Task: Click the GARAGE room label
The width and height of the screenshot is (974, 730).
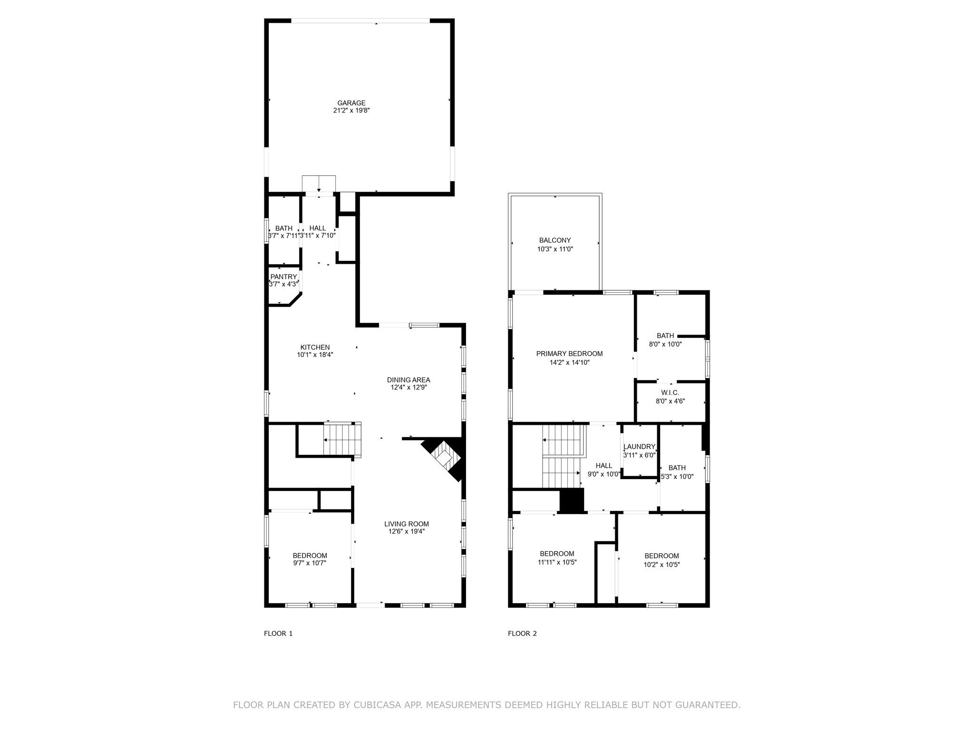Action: tap(351, 103)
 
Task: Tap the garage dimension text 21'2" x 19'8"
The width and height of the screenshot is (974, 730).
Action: tap(351, 110)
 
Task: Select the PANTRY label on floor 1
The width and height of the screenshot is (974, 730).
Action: tap(283, 277)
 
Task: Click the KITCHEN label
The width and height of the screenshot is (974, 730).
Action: tap(315, 347)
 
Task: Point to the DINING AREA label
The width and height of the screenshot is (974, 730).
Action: tap(409, 380)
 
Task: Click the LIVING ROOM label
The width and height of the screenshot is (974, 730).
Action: tap(407, 524)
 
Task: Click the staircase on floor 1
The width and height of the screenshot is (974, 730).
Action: tap(341, 440)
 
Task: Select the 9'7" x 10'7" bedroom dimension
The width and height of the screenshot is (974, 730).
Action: tap(310, 563)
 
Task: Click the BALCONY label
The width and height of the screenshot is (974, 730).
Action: tap(555, 240)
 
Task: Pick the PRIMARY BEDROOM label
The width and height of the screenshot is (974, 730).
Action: tap(569, 354)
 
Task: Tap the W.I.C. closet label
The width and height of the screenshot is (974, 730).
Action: tap(670, 393)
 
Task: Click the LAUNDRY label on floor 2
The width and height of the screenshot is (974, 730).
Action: tap(639, 447)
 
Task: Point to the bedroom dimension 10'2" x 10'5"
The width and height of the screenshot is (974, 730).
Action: tap(662, 565)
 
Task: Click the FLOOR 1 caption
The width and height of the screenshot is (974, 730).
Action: tap(278, 634)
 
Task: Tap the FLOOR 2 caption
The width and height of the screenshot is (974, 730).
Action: tap(522, 634)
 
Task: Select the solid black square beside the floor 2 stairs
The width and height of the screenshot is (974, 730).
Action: tap(572, 500)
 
